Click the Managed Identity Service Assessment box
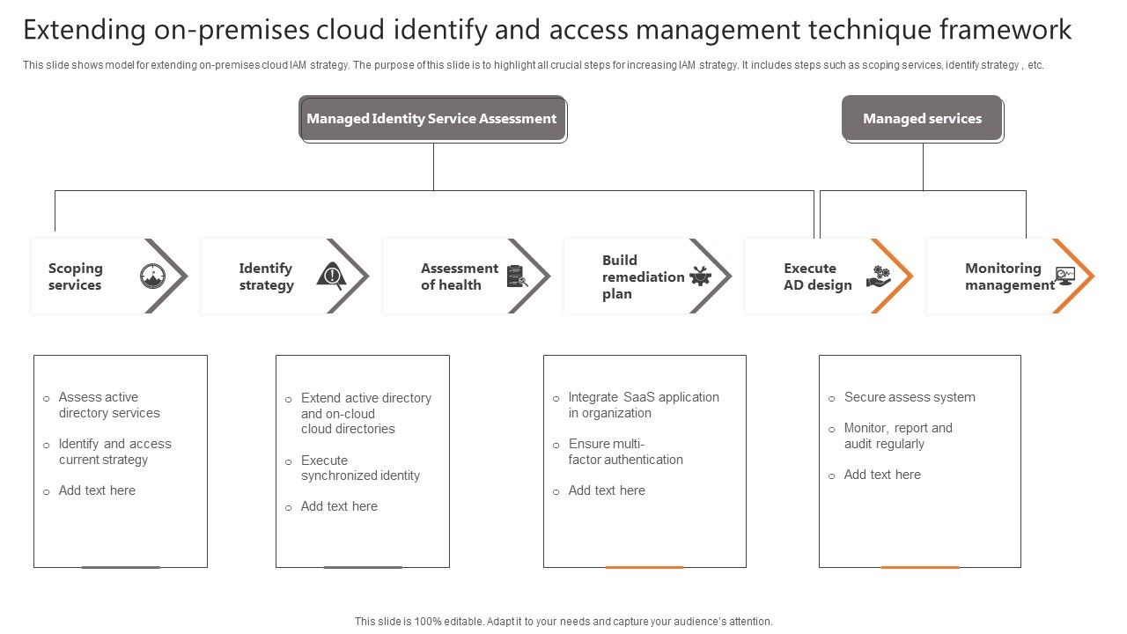431,119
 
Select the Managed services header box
922,119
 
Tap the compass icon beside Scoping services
152,276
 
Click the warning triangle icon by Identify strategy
331,276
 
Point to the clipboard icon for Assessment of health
517,276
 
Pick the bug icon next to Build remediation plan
701,276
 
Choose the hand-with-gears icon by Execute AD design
878,276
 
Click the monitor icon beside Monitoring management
1065,276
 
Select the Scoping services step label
76,276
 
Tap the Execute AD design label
818,276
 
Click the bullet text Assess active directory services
109,405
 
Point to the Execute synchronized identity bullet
360,468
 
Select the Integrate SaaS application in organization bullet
644,405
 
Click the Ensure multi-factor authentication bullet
625,452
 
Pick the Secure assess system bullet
910,397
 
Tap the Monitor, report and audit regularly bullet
898,436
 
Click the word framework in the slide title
1005,30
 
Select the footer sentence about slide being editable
563,622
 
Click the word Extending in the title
85,30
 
